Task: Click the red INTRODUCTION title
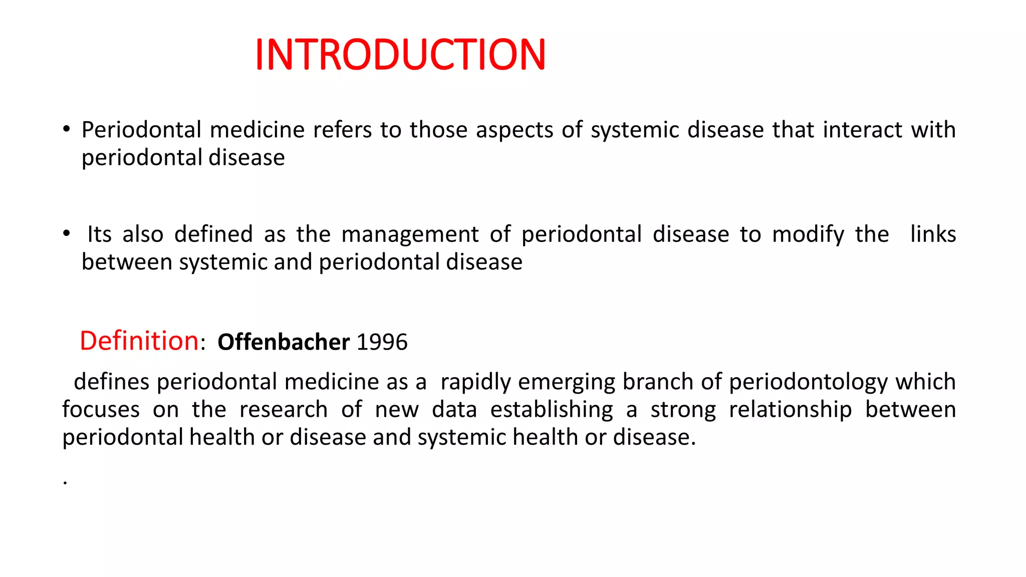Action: (x=400, y=55)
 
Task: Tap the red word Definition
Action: (x=139, y=341)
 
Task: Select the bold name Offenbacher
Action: (x=284, y=342)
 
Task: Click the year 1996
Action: (x=382, y=342)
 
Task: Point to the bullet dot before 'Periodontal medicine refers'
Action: (x=67, y=129)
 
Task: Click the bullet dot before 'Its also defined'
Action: (x=67, y=234)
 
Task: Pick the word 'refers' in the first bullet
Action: (x=342, y=130)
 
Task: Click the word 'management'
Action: (x=410, y=234)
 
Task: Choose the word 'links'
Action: (x=933, y=234)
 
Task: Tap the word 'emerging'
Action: (x=566, y=382)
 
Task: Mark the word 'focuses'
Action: (x=101, y=410)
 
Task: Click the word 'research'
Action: (x=283, y=410)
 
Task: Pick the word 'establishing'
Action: (x=551, y=410)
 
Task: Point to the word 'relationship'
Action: (x=790, y=410)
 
